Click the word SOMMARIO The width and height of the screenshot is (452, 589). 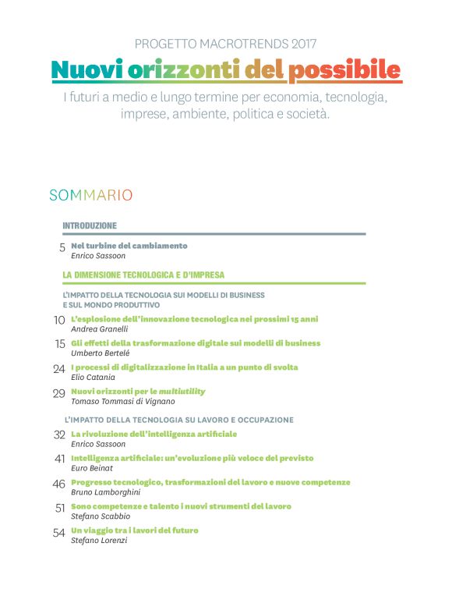pyautogui.click(x=90, y=195)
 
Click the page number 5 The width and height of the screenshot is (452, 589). pyautogui.click(x=62, y=248)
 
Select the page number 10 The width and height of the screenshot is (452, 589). pyautogui.click(x=59, y=321)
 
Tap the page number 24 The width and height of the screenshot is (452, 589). pyautogui.click(x=59, y=369)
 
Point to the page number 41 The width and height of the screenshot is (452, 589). pyautogui.click(x=59, y=459)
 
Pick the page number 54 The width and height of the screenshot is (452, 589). pyautogui.click(x=59, y=533)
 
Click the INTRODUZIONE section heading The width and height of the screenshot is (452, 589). pyautogui.click(x=90, y=225)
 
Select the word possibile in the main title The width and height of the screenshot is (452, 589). pyautogui.click(x=344, y=71)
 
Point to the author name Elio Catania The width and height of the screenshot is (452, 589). pyautogui.click(x=92, y=377)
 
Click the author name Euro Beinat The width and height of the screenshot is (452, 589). pyautogui.click(x=91, y=467)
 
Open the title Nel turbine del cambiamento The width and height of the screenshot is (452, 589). pyautogui.click(x=129, y=246)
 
